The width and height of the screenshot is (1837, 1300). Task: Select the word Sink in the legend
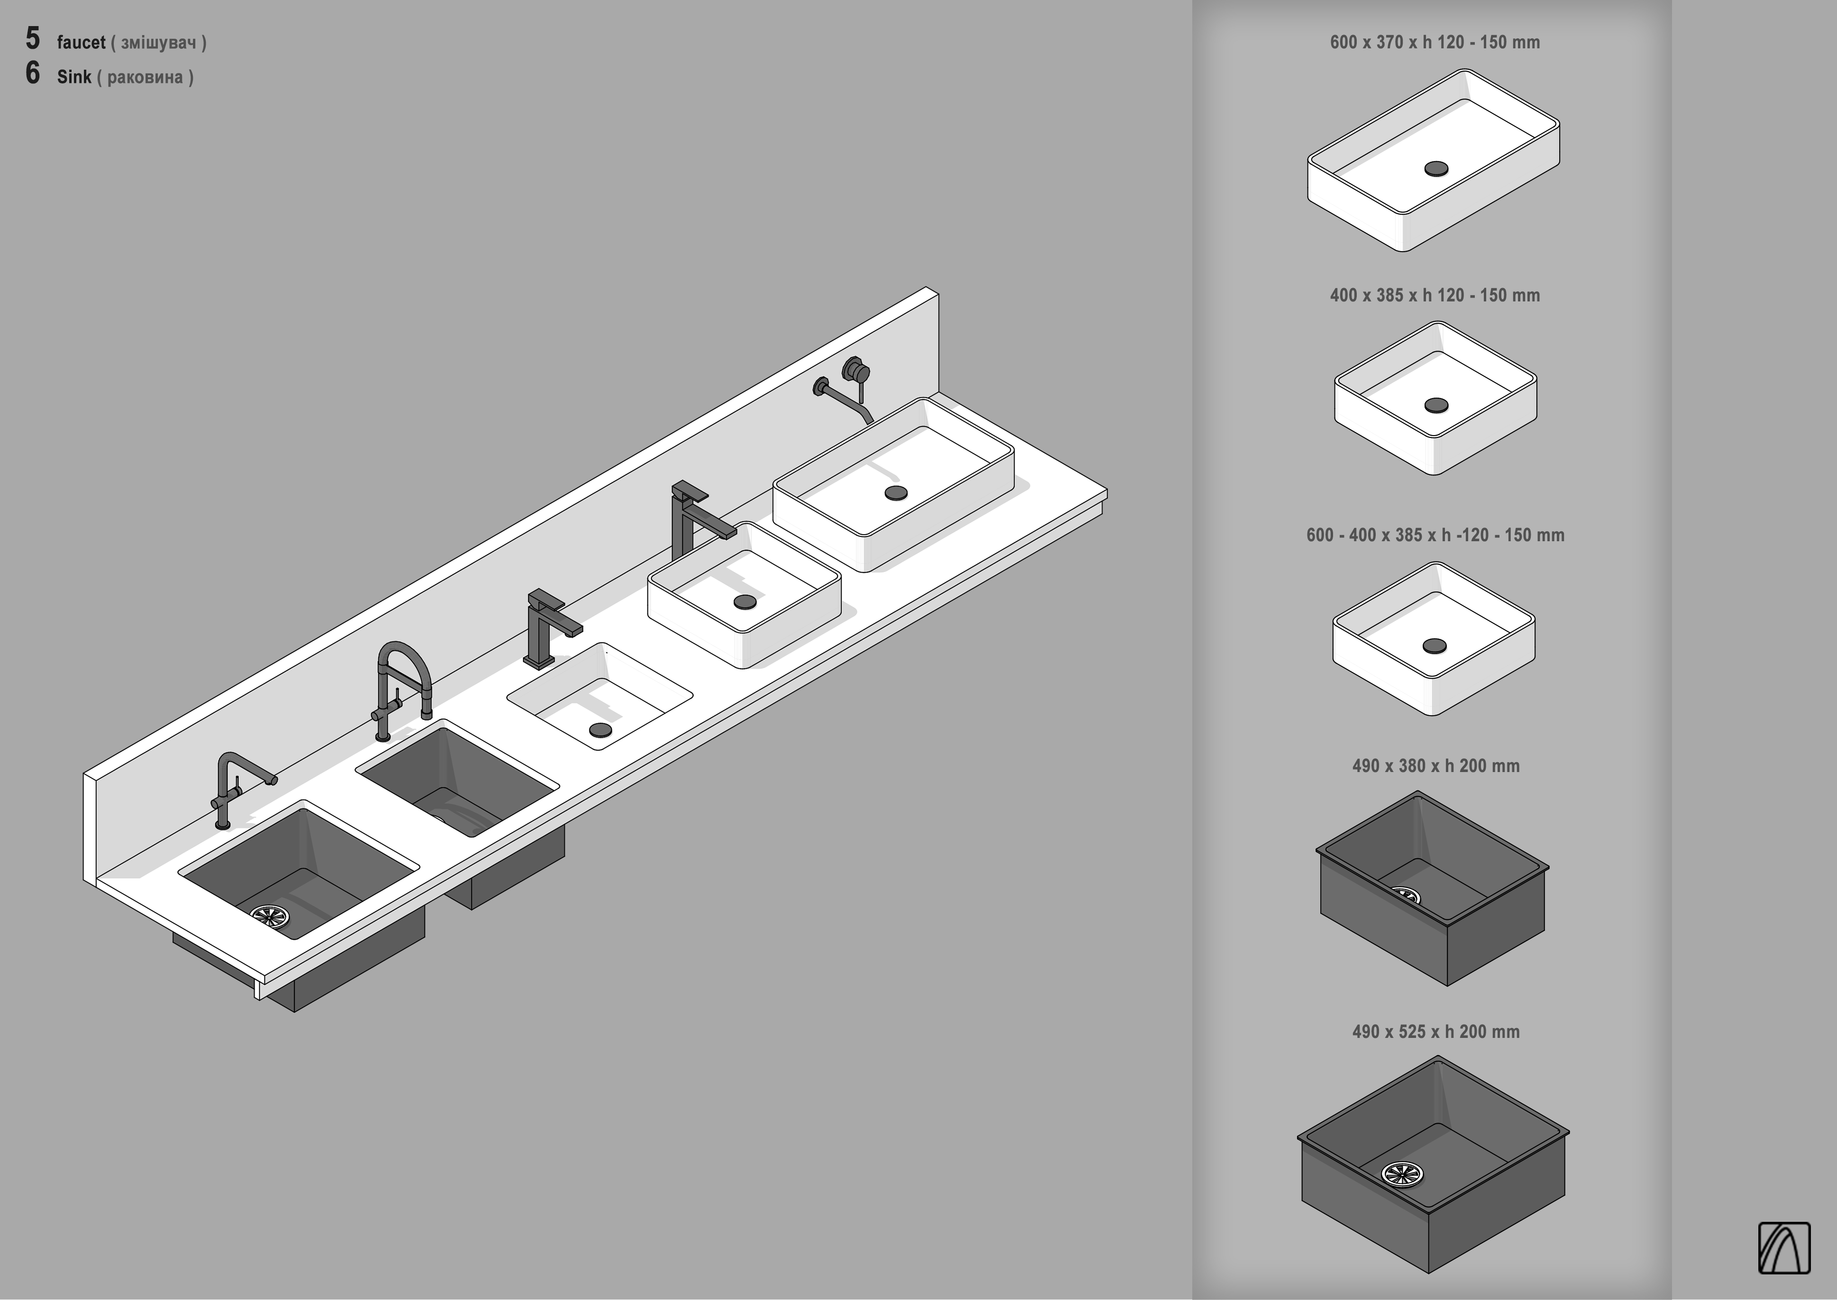(73, 77)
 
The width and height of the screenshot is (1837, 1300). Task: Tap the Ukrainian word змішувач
(158, 43)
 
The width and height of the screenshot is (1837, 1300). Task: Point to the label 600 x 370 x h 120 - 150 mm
(1434, 43)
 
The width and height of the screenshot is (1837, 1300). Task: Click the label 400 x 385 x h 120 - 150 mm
(1434, 295)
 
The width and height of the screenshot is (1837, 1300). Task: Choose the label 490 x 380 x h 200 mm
(1435, 766)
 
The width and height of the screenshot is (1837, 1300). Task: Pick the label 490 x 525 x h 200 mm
(1435, 1032)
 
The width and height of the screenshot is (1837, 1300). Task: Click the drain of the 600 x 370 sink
(1436, 168)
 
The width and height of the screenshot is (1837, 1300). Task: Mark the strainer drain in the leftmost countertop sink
(269, 915)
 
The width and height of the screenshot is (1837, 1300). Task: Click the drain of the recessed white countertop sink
(600, 729)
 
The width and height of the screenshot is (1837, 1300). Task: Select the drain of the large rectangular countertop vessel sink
(896, 492)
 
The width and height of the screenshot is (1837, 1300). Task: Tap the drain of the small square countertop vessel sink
(745, 601)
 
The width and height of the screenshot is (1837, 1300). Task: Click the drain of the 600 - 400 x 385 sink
(1434, 645)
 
